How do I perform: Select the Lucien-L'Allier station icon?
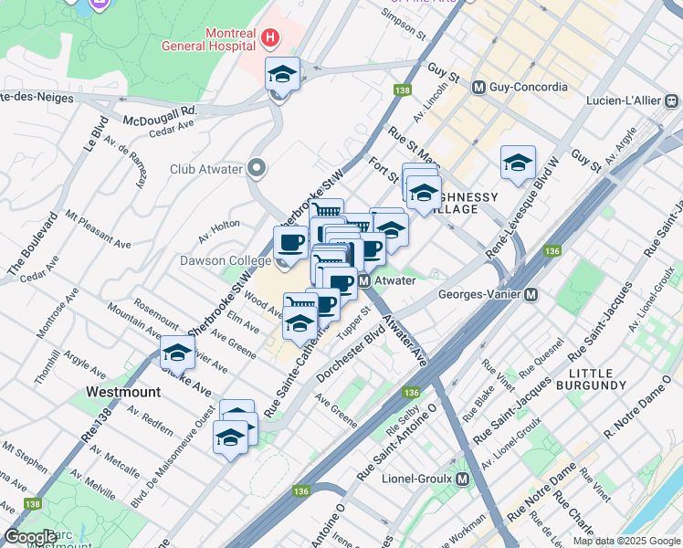point(671,100)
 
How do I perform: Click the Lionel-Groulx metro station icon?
point(463,479)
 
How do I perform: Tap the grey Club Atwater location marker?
point(257,168)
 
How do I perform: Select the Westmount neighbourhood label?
point(122,391)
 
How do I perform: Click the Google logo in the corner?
point(30,537)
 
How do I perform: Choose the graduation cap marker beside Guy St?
point(518,163)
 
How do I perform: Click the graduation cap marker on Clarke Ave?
point(174,353)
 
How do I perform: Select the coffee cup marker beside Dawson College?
point(291,244)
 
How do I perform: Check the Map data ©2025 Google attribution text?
point(625,541)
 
